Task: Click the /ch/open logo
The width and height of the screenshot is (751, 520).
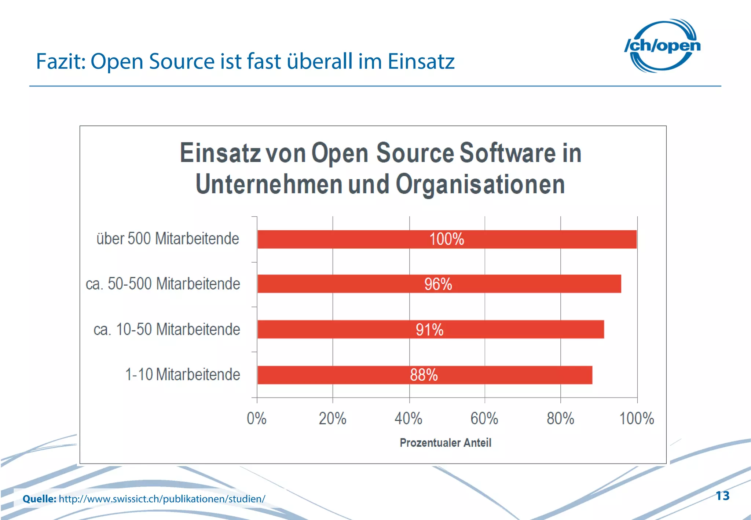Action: (662, 45)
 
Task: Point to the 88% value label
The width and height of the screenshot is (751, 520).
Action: (424, 375)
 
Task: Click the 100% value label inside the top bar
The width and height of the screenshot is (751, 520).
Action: (447, 239)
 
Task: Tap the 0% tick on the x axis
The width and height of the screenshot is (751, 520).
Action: (256, 418)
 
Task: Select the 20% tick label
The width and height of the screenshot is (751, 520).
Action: (332, 418)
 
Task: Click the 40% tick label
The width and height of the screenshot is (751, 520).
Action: (408, 418)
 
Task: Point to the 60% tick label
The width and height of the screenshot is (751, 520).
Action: (484, 418)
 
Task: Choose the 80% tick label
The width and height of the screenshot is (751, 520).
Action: (560, 418)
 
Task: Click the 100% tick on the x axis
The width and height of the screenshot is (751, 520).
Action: (637, 418)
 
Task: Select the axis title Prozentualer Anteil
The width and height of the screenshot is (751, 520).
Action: (445, 443)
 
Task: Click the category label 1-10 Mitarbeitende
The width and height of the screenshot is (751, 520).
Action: (183, 374)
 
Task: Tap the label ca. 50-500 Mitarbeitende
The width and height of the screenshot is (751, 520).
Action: (163, 284)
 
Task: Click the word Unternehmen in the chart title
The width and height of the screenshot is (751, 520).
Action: (269, 184)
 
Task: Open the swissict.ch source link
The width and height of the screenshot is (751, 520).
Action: (162, 499)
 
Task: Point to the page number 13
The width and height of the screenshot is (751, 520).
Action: (722, 496)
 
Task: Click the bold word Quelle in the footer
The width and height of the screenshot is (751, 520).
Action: (39, 499)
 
